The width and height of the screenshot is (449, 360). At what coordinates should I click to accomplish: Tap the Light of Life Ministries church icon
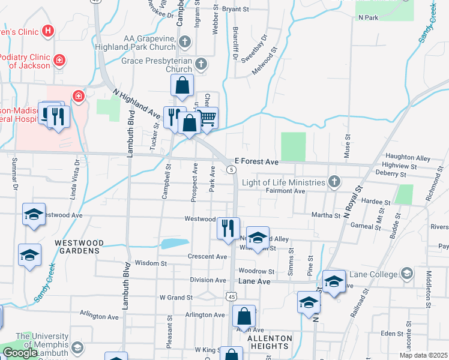click(334, 182)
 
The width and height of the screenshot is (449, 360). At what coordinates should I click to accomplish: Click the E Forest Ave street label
click(256, 162)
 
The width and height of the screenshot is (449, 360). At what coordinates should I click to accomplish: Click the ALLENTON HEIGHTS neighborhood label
click(270, 343)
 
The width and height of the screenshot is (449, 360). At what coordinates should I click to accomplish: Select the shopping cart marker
click(206, 118)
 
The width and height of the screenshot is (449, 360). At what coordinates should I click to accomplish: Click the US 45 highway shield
click(231, 296)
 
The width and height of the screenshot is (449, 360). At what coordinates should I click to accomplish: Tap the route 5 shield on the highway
click(232, 170)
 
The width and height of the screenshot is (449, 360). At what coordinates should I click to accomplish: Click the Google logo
click(20, 353)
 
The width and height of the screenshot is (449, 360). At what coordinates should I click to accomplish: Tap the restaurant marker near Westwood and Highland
click(228, 229)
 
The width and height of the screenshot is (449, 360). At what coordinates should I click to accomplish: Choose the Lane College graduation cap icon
click(407, 274)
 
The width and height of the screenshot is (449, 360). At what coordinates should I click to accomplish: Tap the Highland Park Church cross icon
click(184, 42)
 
